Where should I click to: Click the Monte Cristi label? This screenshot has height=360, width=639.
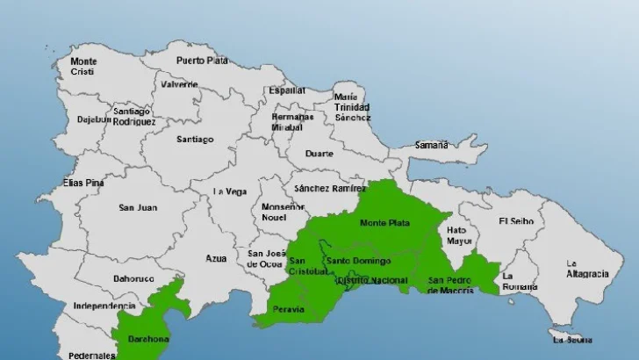coord(83,66)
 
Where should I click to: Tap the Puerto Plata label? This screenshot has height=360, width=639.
coord(202,61)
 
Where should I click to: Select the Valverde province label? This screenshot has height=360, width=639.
coord(179,85)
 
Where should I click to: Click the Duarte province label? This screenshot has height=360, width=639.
coord(319,154)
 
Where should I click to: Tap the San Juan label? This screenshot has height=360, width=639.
coord(138,208)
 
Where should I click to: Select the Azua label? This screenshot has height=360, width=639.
coord(216,258)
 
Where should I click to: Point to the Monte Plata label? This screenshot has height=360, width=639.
coord(385,223)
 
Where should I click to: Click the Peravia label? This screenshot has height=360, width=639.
coord(289,310)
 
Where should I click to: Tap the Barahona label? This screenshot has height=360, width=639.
coord(143,337)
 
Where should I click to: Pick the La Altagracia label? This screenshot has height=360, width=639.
coord(586,268)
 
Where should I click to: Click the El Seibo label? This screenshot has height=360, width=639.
coord(515,220)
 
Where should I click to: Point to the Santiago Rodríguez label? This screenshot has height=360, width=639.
coord(133,117)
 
